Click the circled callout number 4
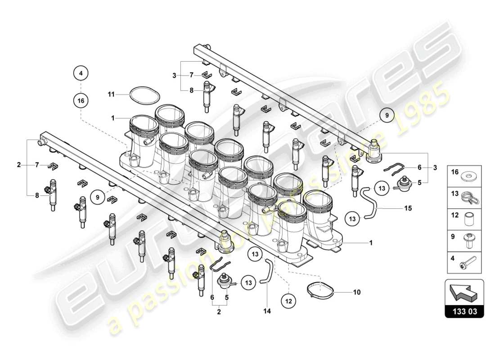pos(81,72)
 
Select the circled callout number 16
pos(81,101)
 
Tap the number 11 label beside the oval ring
pos(111,94)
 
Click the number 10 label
pos(357,292)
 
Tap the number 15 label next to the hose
pos(408,208)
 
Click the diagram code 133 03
pos(464,311)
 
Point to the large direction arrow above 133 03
pos(464,292)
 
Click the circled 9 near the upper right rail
pos(386,116)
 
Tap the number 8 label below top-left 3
pos(191,90)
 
